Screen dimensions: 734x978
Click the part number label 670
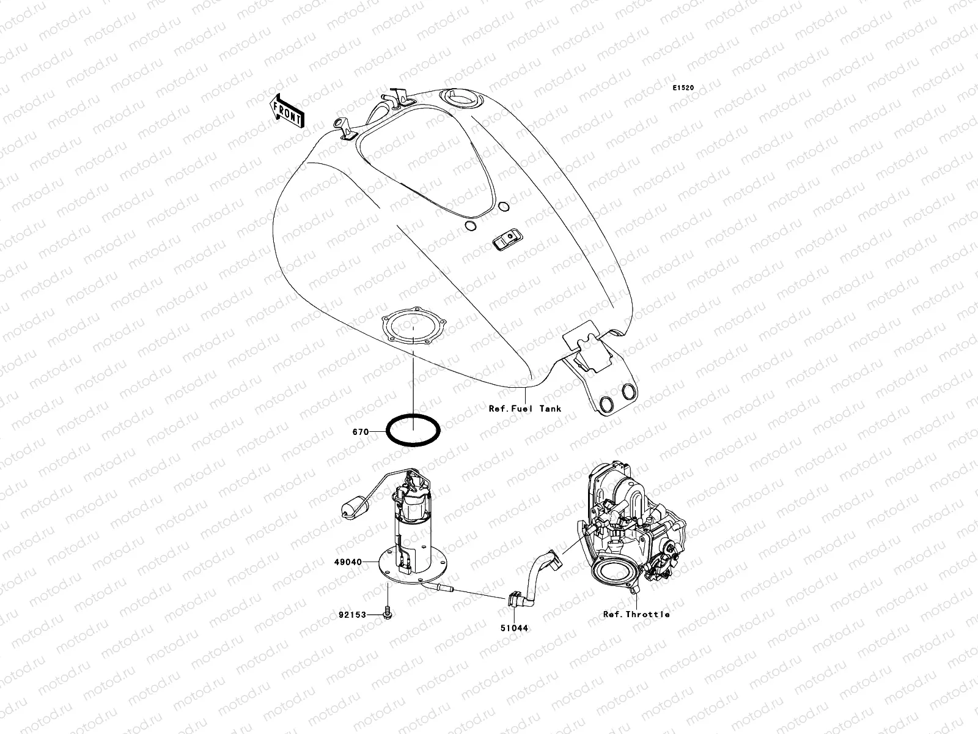[360, 432]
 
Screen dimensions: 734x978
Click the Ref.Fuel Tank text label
[524, 409]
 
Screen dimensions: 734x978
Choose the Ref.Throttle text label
[636, 614]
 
